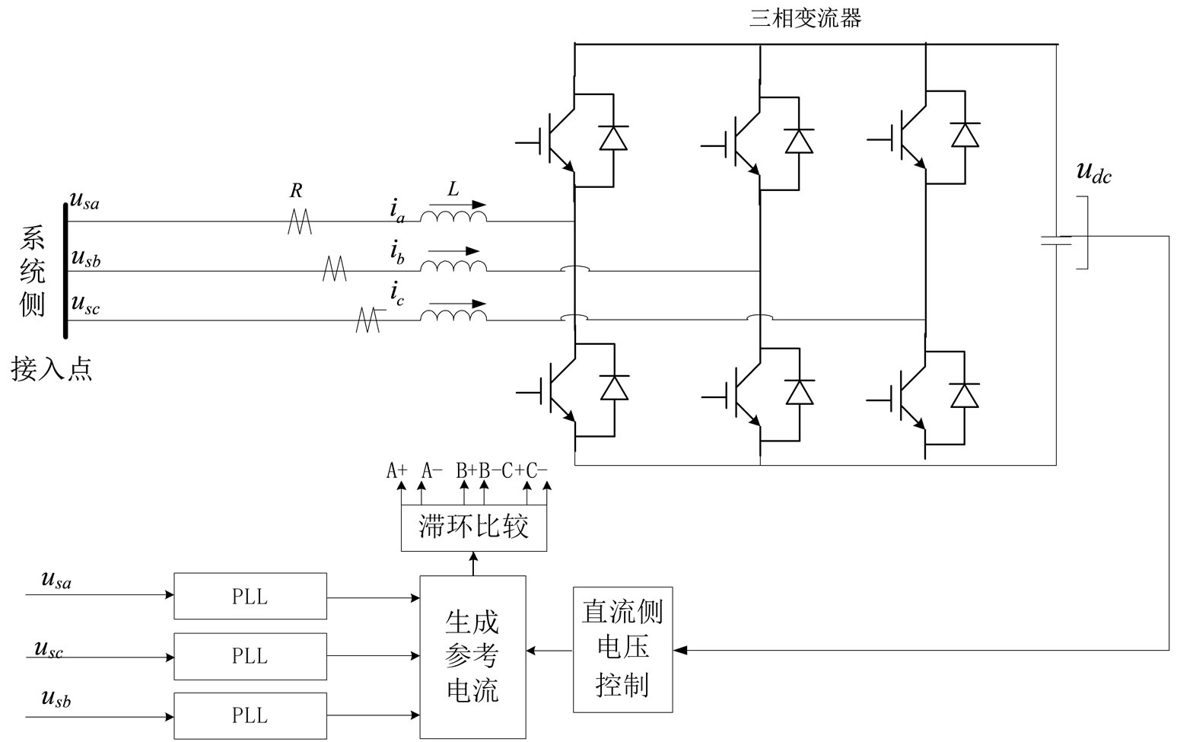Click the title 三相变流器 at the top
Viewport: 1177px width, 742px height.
point(805,18)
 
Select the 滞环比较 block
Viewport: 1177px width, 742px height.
point(473,527)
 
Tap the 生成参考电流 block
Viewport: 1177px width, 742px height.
point(472,657)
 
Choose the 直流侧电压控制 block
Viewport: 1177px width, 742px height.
point(622,649)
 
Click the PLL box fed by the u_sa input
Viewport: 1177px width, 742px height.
point(250,596)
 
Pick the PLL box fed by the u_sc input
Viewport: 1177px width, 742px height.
point(250,655)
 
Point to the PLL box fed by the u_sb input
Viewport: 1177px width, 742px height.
point(250,715)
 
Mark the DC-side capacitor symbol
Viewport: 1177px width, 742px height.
point(1056,240)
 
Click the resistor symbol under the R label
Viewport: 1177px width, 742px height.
point(300,221)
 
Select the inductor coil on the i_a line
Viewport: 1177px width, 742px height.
point(453,218)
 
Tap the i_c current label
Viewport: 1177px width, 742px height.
point(397,293)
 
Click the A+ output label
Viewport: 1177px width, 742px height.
point(396,470)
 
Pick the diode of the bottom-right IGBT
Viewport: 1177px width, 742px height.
point(965,395)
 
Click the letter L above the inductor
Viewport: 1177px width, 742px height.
point(453,189)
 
